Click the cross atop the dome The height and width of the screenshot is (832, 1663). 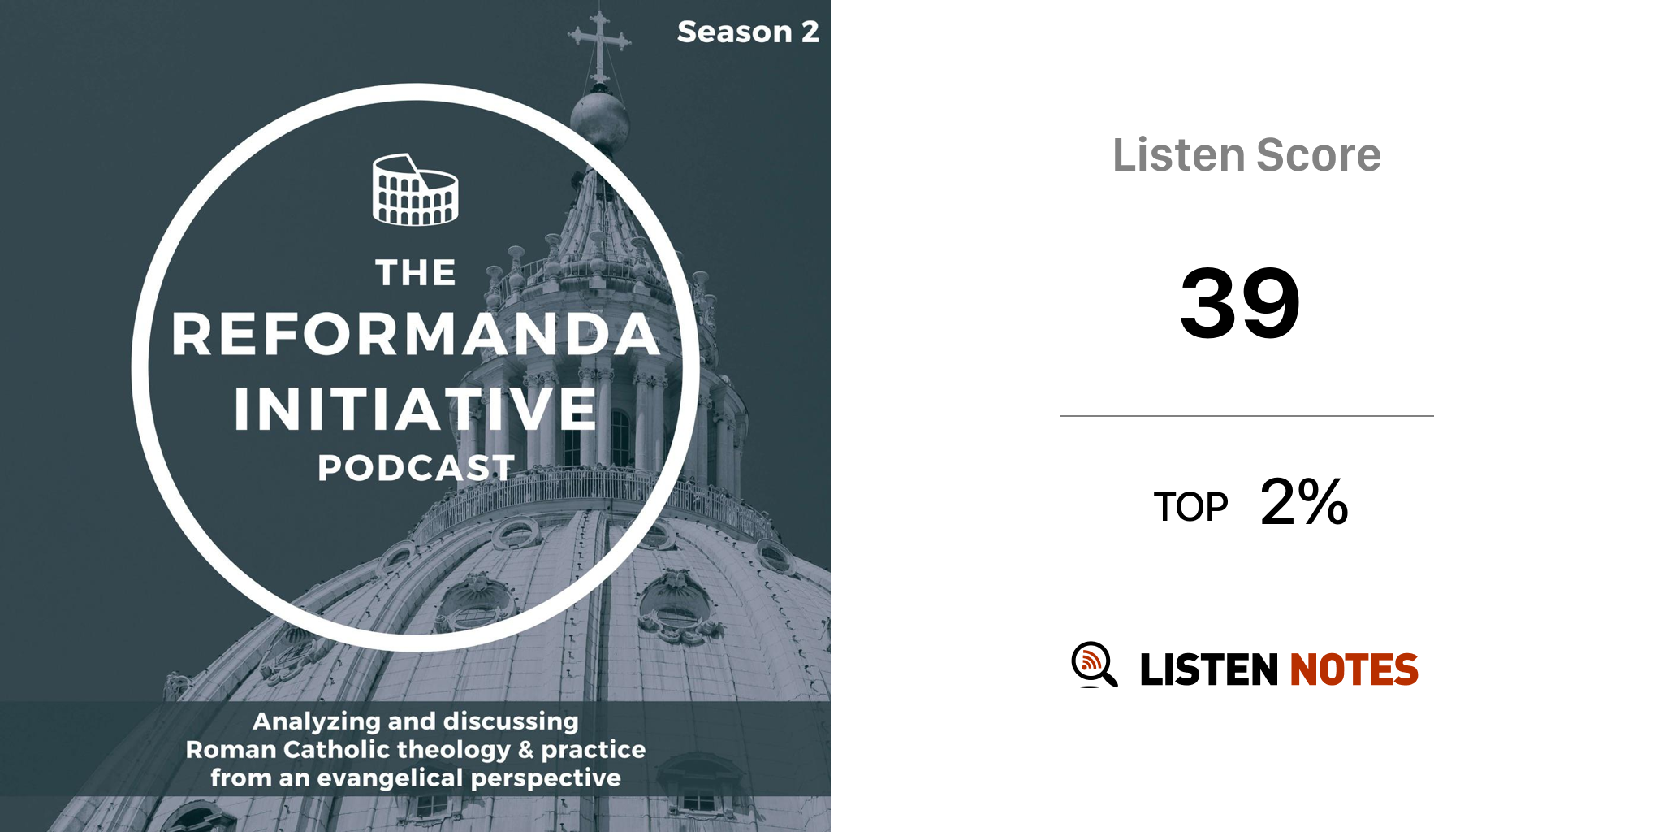click(x=599, y=45)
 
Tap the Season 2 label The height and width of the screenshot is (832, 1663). click(x=748, y=32)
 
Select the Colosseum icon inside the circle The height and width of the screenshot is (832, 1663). click(x=415, y=189)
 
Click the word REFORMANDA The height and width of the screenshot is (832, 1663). click(x=416, y=334)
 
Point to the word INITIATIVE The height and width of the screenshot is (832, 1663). click(x=416, y=409)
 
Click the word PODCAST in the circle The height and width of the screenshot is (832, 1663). click(x=416, y=468)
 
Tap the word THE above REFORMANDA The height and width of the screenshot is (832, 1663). click(x=416, y=273)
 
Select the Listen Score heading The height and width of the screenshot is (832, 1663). click(x=1246, y=154)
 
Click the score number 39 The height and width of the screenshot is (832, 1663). click(x=1240, y=303)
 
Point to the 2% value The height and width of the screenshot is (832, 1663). click(x=1304, y=502)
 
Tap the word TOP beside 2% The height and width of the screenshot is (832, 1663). click(x=1190, y=507)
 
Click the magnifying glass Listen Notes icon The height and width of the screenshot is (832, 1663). click(x=1094, y=665)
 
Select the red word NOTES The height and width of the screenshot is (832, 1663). click(x=1354, y=670)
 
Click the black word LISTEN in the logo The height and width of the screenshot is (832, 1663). click(x=1209, y=670)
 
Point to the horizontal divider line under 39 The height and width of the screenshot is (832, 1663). click(x=1247, y=416)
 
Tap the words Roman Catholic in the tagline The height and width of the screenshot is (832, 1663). click(x=287, y=749)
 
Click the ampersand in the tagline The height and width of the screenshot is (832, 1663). click(x=526, y=749)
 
